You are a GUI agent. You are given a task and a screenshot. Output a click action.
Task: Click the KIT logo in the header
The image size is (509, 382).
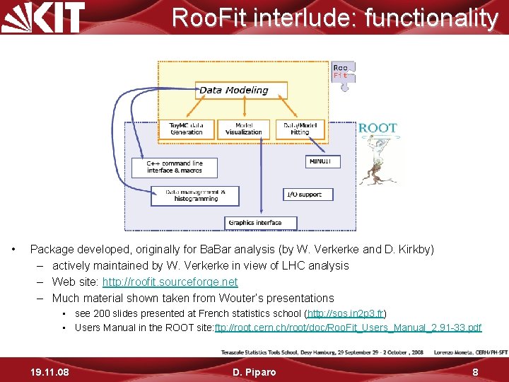pyautogui.click(x=44, y=17)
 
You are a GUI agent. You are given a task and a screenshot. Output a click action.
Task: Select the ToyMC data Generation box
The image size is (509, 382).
pyautogui.click(x=187, y=129)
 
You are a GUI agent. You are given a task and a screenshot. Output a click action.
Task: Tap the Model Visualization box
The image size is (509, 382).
pyautogui.click(x=243, y=129)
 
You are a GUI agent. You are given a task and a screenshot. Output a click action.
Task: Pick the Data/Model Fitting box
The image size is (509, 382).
pyautogui.click(x=300, y=129)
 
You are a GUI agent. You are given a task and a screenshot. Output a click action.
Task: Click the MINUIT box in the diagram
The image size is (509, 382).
pyautogui.click(x=324, y=162)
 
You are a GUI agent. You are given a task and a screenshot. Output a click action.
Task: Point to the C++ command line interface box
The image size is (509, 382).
pyautogui.click(x=174, y=167)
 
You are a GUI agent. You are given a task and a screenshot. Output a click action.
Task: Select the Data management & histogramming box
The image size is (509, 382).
pyautogui.click(x=195, y=195)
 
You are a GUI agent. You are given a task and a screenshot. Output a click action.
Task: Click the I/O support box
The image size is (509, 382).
pyautogui.click(x=303, y=194)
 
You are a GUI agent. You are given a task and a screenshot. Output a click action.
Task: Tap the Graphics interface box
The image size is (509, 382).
pyautogui.click(x=255, y=223)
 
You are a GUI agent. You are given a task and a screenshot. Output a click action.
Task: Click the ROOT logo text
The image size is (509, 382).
pyautogui.click(x=378, y=128)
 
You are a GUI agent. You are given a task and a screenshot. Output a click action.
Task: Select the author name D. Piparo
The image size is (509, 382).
pyautogui.click(x=254, y=371)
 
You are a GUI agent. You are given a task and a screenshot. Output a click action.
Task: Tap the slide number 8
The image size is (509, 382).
pyautogui.click(x=475, y=371)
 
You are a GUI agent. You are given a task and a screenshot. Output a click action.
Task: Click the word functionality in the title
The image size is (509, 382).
pyautogui.click(x=431, y=17)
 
